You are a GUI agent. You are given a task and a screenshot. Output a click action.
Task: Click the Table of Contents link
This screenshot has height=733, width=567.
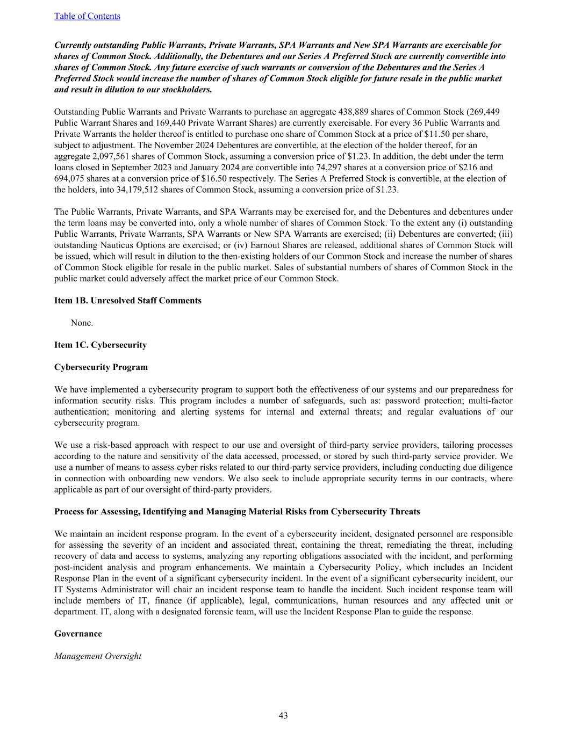pyautogui.click(x=87, y=16)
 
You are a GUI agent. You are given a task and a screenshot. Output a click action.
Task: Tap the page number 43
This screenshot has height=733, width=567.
pyautogui.click(x=283, y=715)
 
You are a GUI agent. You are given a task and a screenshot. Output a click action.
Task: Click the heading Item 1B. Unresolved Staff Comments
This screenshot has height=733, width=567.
pyautogui.click(x=128, y=300)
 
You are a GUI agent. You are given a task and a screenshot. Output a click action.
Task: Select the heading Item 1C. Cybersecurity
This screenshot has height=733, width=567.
pyautogui.click(x=101, y=345)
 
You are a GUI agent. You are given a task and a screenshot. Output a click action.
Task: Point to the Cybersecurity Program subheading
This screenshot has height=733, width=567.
pyautogui.click(x=101, y=367)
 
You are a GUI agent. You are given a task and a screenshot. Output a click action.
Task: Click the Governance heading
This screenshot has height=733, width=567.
pyautogui.click(x=78, y=634)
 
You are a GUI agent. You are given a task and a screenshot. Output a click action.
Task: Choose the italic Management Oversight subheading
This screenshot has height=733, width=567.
pyautogui.click(x=98, y=656)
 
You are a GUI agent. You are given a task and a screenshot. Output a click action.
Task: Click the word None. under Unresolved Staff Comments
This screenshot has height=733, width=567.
pyautogui.click(x=82, y=323)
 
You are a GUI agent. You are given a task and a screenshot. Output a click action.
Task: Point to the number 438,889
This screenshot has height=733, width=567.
pyautogui.click(x=355, y=112)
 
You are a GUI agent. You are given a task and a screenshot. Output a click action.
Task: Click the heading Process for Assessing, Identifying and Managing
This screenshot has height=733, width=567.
pyautogui.click(x=237, y=511)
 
